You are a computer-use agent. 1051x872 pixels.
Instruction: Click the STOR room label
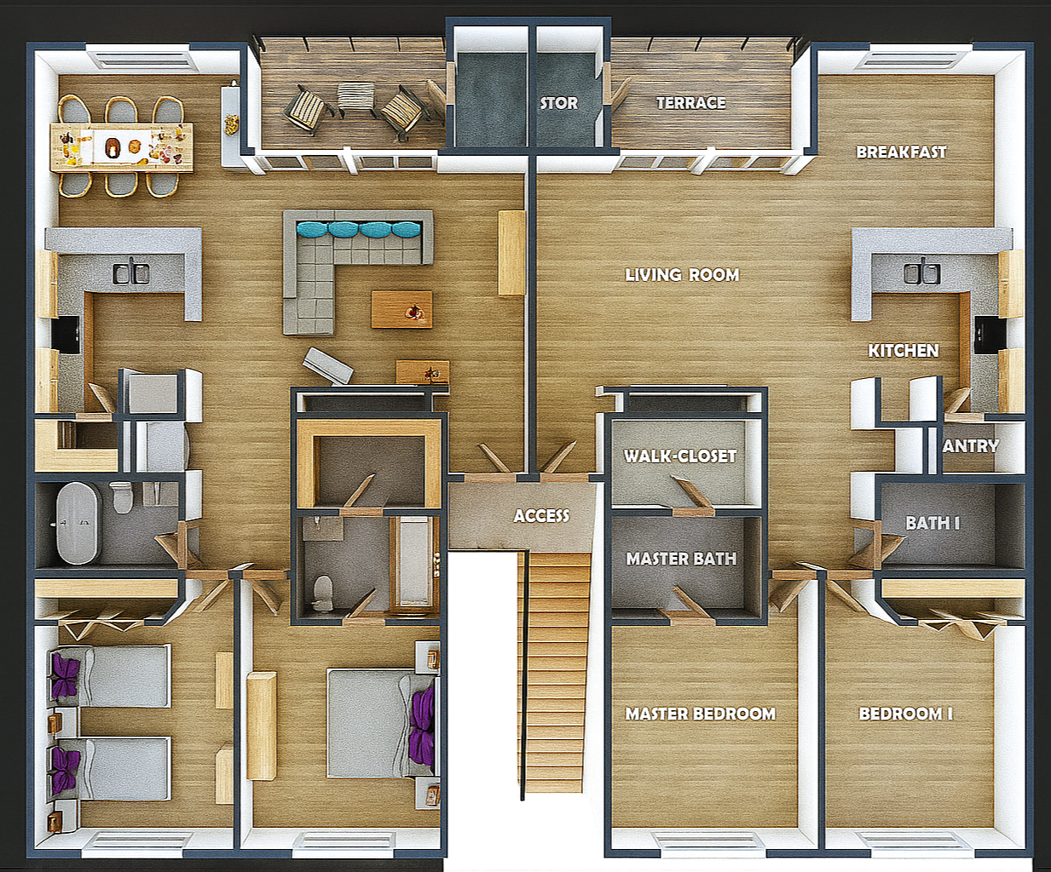[558, 103]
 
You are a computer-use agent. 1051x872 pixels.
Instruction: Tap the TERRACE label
[691, 103]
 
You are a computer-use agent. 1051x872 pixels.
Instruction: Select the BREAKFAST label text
[902, 152]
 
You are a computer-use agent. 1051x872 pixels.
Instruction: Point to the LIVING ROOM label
[682, 274]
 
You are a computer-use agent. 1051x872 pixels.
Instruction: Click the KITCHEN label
[904, 351]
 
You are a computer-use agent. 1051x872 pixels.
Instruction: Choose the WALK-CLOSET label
[680, 456]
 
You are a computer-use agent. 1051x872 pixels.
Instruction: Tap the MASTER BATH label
[681, 559]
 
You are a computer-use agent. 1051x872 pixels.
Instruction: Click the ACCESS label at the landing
[541, 515]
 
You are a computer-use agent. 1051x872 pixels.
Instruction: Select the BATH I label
[933, 523]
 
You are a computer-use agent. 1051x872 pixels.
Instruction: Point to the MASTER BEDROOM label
[700, 714]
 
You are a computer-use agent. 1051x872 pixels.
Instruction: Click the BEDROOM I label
[906, 714]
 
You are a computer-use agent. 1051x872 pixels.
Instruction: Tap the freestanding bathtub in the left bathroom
[79, 523]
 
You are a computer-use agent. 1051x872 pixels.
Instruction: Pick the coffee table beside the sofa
[401, 309]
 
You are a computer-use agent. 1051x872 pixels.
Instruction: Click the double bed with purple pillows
[380, 723]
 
